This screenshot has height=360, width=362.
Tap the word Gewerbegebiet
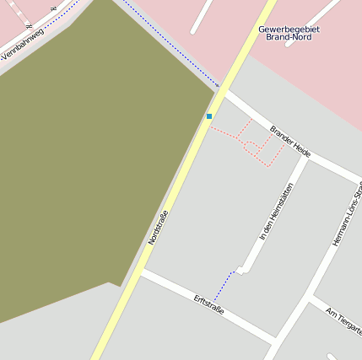pyautogui.click(x=289, y=29)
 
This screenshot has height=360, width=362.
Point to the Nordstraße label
pyautogui.click(x=159, y=227)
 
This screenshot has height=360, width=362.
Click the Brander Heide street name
pyautogui.click(x=291, y=142)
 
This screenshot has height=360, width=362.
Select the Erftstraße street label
pyautogui.click(x=208, y=304)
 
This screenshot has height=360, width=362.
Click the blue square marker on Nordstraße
pyautogui.click(x=209, y=116)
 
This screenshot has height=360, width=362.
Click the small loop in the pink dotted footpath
pyautogui.click(x=251, y=146)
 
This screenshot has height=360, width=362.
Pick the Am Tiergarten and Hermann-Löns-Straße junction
pyautogui.click(x=309, y=298)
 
